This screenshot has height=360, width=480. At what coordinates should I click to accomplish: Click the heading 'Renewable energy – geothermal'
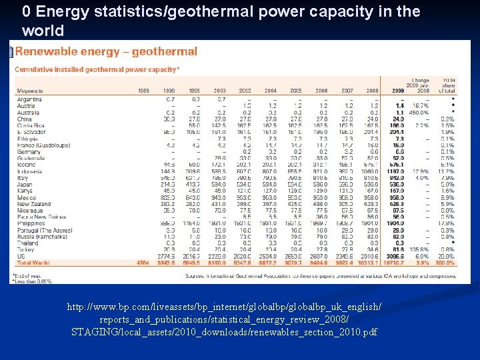(x=106, y=51)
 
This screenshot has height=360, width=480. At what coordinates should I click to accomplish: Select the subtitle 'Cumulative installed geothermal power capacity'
(x=97, y=69)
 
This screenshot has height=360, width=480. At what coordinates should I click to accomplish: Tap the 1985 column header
(x=143, y=90)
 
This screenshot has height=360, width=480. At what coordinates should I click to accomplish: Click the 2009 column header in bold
(x=398, y=90)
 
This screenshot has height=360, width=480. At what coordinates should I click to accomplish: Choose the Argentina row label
(x=30, y=99)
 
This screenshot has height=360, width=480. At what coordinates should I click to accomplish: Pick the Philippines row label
(x=31, y=223)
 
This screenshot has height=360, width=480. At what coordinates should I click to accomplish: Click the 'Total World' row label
(x=33, y=263)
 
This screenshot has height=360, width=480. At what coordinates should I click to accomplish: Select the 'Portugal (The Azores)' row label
(x=43, y=230)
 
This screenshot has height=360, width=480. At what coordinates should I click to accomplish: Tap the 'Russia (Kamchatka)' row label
(x=41, y=236)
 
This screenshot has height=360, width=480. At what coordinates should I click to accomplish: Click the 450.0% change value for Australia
(x=420, y=112)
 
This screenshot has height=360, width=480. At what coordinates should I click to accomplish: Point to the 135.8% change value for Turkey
(x=420, y=249)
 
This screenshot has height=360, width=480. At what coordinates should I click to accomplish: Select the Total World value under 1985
(x=142, y=263)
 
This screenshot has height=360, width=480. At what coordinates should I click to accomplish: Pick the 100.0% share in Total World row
(x=445, y=263)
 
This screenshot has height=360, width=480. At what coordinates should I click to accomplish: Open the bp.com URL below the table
(x=224, y=319)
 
